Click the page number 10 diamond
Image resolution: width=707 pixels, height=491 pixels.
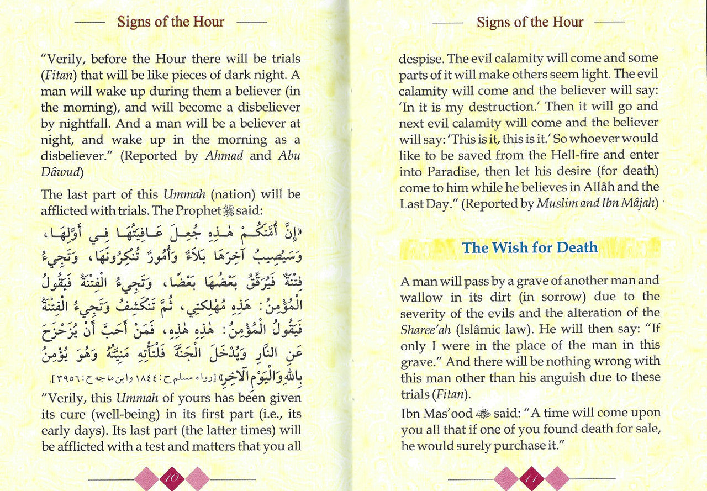pyautogui.click(x=171, y=478)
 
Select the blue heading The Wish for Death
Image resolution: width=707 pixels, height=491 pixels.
pyautogui.click(x=530, y=247)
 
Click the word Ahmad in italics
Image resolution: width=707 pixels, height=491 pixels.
pyautogui.click(x=224, y=156)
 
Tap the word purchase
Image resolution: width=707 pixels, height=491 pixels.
pyautogui.click(x=539, y=446)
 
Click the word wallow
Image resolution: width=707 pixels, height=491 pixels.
pyautogui.click(x=421, y=297)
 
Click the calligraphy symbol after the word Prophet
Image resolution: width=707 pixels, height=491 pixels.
pyautogui.click(x=228, y=211)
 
